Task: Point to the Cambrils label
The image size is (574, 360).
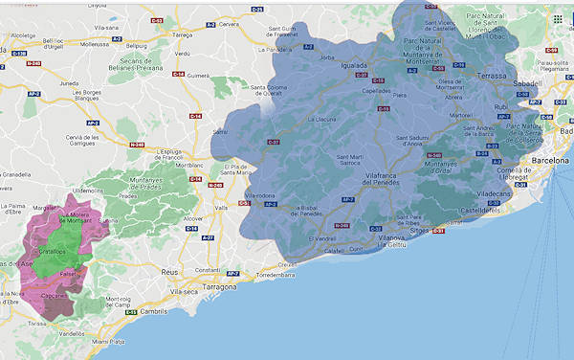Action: (x=126, y=312)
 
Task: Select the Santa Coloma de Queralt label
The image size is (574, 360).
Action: (x=272, y=93)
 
